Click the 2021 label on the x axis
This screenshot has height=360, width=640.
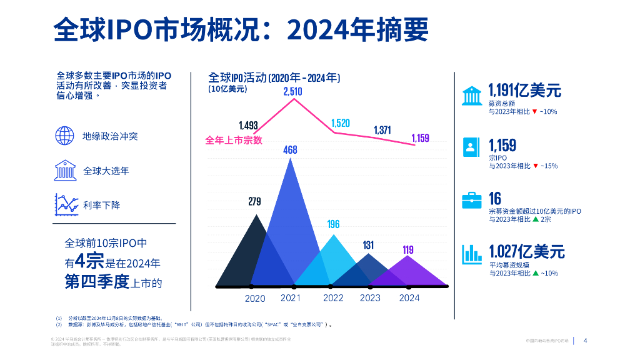click(290, 298)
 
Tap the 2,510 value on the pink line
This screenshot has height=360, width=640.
click(292, 91)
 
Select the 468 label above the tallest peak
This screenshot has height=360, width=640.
click(290, 150)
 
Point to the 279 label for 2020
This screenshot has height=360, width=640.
click(254, 202)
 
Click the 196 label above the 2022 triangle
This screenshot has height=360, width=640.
click(334, 224)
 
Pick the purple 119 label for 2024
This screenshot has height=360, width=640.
click(407, 250)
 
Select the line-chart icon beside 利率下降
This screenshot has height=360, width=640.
click(66, 204)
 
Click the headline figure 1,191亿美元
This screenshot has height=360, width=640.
click(524, 91)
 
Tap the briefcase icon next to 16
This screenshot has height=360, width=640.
click(470, 200)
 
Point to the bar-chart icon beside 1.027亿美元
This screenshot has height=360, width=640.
click(471, 253)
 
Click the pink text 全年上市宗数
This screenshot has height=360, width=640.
click(234, 140)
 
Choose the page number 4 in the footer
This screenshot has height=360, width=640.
click(585, 341)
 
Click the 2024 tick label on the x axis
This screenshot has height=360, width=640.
click(409, 298)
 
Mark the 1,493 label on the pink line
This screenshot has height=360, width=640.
click(248, 126)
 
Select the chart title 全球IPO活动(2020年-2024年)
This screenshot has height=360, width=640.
click(274, 78)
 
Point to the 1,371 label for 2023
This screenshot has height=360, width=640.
click(382, 130)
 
